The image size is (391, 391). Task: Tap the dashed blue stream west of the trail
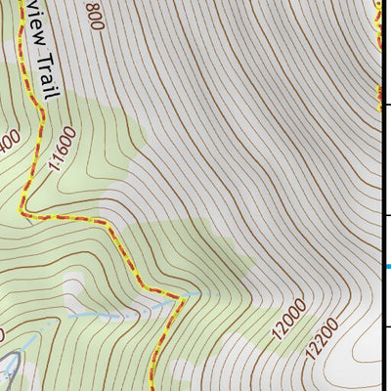click(108, 318)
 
